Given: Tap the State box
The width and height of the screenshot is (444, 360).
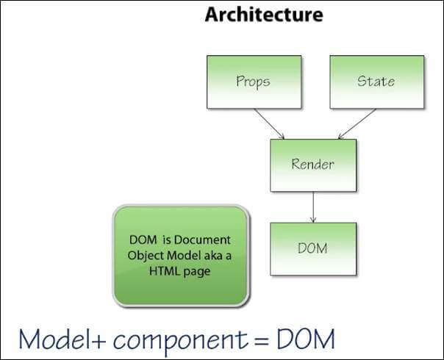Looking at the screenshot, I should pyautogui.click(x=376, y=81).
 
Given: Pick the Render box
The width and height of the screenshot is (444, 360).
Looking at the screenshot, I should pyautogui.click(x=312, y=164).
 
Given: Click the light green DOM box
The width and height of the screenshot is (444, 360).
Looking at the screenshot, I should pyautogui.click(x=312, y=248).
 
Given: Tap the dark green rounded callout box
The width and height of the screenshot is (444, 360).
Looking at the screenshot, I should pyautogui.click(x=179, y=254).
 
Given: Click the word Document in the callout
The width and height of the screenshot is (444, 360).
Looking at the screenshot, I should pyautogui.click(x=208, y=240).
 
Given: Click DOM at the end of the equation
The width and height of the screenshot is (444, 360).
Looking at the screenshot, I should pyautogui.click(x=306, y=339).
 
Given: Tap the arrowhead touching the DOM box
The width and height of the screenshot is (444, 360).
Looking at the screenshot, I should pyautogui.click(x=312, y=220).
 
